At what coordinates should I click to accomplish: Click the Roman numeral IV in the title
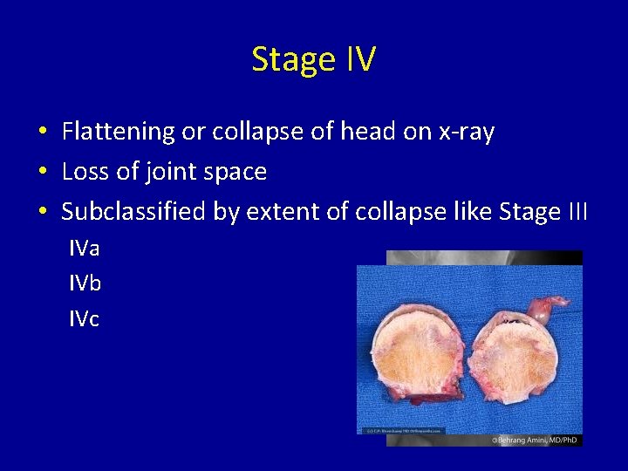360,59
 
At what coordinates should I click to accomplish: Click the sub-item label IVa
85,249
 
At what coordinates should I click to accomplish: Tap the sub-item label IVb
85,283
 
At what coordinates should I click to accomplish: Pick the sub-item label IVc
85,319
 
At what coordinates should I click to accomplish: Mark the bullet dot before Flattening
43,133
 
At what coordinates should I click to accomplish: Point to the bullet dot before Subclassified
43,213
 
